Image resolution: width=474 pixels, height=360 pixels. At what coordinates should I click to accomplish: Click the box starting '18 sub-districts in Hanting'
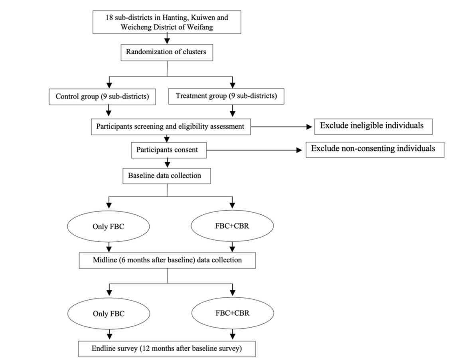pyautogui.click(x=167, y=22)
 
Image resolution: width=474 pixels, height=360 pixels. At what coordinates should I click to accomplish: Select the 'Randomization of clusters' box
pyautogui.click(x=167, y=53)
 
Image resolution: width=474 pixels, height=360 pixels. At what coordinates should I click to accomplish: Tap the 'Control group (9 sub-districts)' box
pyautogui.click(x=102, y=97)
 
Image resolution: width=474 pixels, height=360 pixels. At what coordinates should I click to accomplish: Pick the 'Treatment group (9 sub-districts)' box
pyautogui.click(x=226, y=96)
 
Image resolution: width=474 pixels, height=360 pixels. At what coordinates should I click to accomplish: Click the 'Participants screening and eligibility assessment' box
pyautogui.click(x=171, y=127)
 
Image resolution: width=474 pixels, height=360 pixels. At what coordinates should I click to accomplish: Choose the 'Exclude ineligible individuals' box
pyautogui.click(x=373, y=127)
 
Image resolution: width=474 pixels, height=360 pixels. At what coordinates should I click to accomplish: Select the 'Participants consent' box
pyautogui.click(x=169, y=150)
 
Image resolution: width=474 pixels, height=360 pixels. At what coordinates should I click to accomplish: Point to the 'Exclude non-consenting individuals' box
pyautogui.click(x=375, y=150)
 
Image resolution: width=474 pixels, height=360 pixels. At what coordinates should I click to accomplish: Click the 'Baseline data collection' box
pyautogui.click(x=166, y=176)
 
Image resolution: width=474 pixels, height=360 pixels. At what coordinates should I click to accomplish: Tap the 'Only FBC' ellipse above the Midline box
pyautogui.click(x=108, y=226)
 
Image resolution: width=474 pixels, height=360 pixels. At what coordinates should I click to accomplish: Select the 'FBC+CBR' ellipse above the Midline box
pyautogui.click(x=232, y=226)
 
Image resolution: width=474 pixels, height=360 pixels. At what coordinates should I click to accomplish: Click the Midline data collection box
pyautogui.click(x=167, y=260)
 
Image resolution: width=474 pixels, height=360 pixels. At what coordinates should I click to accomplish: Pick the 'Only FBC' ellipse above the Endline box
pyautogui.click(x=109, y=313)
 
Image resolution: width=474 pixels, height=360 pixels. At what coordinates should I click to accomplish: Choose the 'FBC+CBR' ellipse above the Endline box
pyautogui.click(x=233, y=313)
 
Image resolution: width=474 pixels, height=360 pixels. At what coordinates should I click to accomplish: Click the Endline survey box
pyautogui.click(x=167, y=349)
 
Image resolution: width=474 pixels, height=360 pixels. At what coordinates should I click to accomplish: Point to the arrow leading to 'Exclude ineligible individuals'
pyautogui.click(x=281, y=127)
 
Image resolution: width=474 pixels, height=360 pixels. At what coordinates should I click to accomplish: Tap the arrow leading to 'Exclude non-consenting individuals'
pyautogui.click(x=254, y=150)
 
